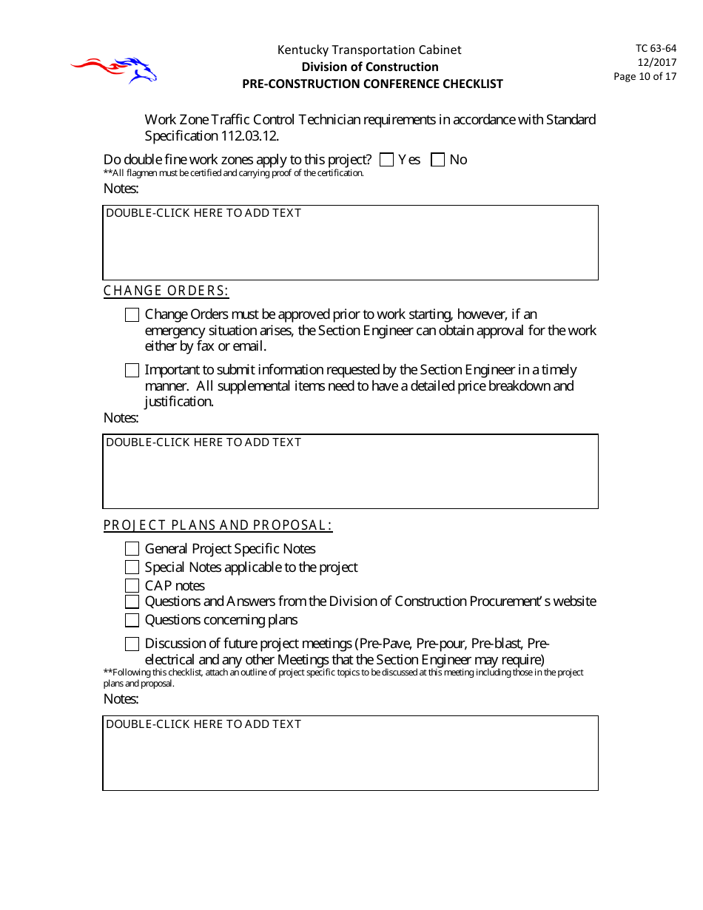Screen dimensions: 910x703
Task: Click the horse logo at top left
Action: [115, 70]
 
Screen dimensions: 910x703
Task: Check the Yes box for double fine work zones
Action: [386, 160]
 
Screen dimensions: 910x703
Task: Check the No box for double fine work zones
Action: [437, 160]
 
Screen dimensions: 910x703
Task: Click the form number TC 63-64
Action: [655, 48]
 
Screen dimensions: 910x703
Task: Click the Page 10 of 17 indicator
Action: [645, 76]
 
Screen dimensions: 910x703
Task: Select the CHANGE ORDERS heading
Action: [166, 291]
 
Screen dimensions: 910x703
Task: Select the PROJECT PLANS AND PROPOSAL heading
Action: [218, 525]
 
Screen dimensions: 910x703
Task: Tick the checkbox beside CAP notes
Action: [132, 585]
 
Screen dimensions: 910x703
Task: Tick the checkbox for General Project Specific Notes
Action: [132, 549]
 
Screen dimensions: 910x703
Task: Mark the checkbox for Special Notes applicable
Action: [132, 567]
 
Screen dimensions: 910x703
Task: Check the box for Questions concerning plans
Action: [132, 620]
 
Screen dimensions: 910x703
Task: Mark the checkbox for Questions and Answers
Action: [132, 602]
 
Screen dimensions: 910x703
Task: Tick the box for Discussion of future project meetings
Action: [132, 644]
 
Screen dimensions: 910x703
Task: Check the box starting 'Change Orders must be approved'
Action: [132, 315]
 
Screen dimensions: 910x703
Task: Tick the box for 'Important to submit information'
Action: [132, 370]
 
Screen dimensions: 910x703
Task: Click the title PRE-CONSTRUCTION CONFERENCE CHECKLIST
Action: [372, 84]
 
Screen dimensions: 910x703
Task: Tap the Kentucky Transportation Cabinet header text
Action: [369, 50]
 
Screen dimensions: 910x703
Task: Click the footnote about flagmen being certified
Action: [234, 173]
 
